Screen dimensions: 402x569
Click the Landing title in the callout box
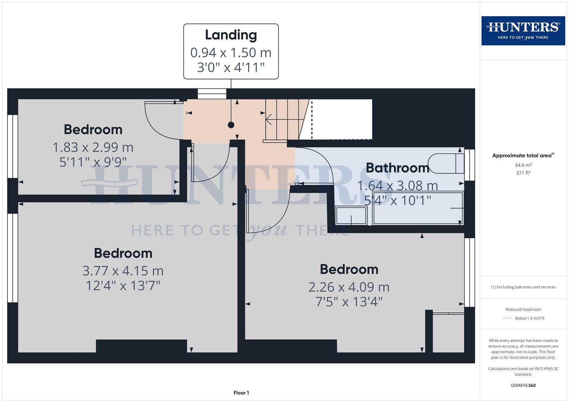coord(231,35)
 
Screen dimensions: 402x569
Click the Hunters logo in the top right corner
coord(523,31)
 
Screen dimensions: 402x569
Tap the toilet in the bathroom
coord(445,163)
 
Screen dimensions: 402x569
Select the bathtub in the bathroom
coord(418,208)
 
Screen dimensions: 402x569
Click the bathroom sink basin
coord(351,216)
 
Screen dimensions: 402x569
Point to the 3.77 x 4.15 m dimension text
coord(123,271)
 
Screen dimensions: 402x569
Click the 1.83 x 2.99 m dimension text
coord(93,147)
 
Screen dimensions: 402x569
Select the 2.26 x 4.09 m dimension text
coord(349,287)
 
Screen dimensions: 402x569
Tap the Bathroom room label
coord(397,168)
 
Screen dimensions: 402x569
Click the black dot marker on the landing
coord(231,125)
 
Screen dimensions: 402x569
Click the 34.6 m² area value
coord(523,165)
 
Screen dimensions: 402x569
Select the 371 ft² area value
coord(523,173)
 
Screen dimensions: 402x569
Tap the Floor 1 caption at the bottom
coord(241,393)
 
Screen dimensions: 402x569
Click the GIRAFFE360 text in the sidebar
coord(523,385)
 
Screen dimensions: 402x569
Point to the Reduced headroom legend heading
coord(523,309)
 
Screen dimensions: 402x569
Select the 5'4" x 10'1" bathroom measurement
coord(397,200)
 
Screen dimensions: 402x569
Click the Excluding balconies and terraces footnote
coord(523,287)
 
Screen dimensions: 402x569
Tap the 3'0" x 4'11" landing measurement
coord(231,67)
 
